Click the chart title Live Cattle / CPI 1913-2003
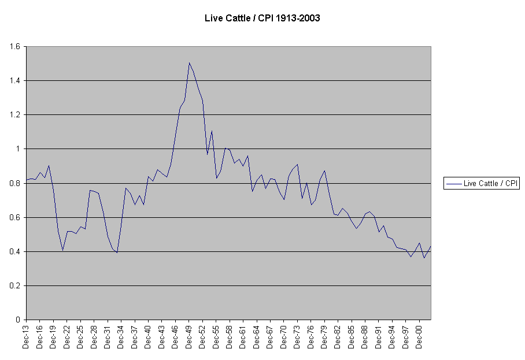[x=262, y=18]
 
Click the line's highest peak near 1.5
[x=189, y=62]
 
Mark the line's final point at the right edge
[x=431, y=246]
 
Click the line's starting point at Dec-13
[x=26, y=180]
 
